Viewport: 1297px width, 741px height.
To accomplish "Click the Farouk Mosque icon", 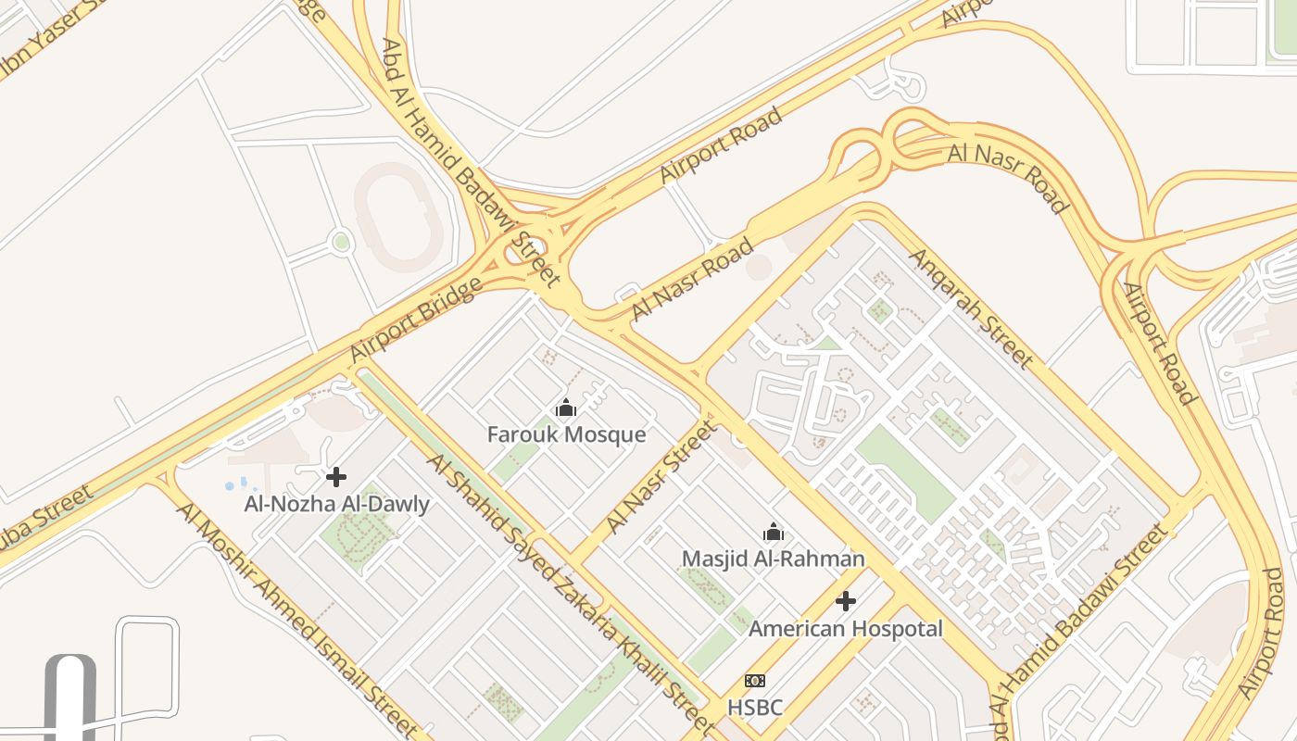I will pos(566,408).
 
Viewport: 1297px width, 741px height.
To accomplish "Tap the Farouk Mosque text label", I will pos(566,434).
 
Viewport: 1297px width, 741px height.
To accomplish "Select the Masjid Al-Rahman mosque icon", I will pos(774,532).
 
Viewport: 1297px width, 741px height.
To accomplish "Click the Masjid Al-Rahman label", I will pos(774,559).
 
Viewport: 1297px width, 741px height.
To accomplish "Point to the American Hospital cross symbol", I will pos(846,602).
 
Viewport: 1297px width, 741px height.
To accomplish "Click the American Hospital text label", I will pos(846,629).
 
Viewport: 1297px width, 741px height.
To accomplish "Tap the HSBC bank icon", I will pos(755,681).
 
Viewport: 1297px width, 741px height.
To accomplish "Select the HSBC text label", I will pos(755,708).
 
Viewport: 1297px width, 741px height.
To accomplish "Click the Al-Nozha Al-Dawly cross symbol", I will pos(336,477).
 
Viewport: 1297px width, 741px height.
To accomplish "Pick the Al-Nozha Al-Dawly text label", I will pos(336,504).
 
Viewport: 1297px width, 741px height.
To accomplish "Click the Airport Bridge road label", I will pos(416,320).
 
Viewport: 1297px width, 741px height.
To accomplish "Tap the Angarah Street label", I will pos(970,307).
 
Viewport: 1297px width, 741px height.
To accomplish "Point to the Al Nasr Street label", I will pos(661,477).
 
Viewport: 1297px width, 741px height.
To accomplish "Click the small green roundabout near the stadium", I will pos(341,243).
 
